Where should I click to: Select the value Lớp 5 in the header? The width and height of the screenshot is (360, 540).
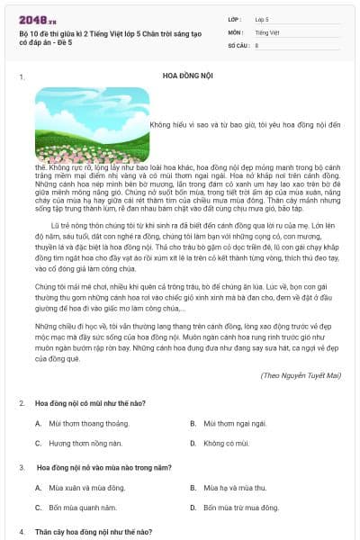click(x=262, y=19)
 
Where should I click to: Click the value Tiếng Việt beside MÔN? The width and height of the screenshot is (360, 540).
click(x=267, y=32)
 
